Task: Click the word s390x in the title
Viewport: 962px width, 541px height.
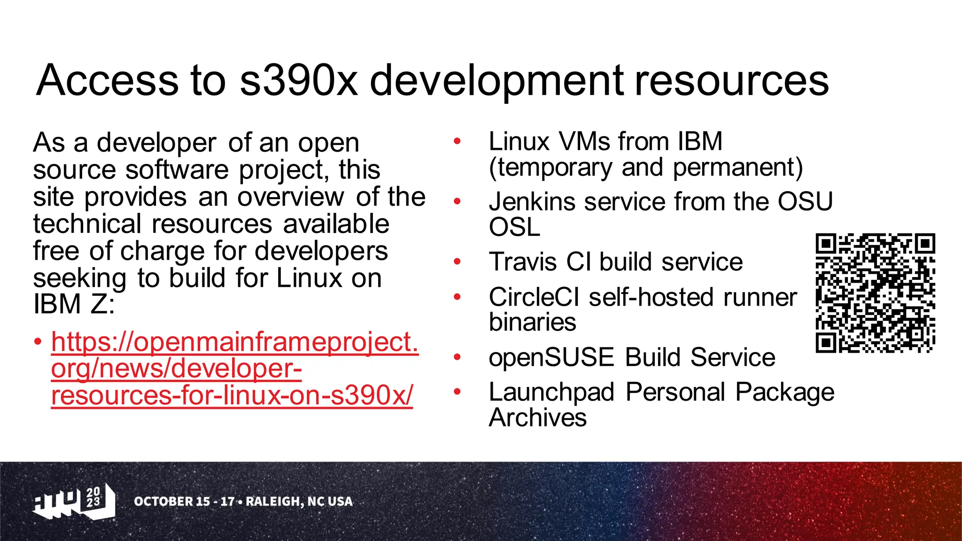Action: pos(298,81)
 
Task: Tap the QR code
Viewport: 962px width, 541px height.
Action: pos(875,293)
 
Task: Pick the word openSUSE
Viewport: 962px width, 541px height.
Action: pos(551,357)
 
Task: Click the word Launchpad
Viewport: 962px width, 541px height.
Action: pos(551,392)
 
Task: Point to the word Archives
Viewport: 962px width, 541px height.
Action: pos(537,417)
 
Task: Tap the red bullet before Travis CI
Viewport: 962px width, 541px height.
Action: pos(458,262)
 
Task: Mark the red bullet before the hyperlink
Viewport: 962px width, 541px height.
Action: pos(38,341)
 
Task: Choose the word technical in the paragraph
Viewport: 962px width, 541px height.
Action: pos(87,224)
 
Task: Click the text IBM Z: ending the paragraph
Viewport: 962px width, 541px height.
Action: pos(74,304)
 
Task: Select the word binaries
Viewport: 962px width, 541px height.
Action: pos(532,322)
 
